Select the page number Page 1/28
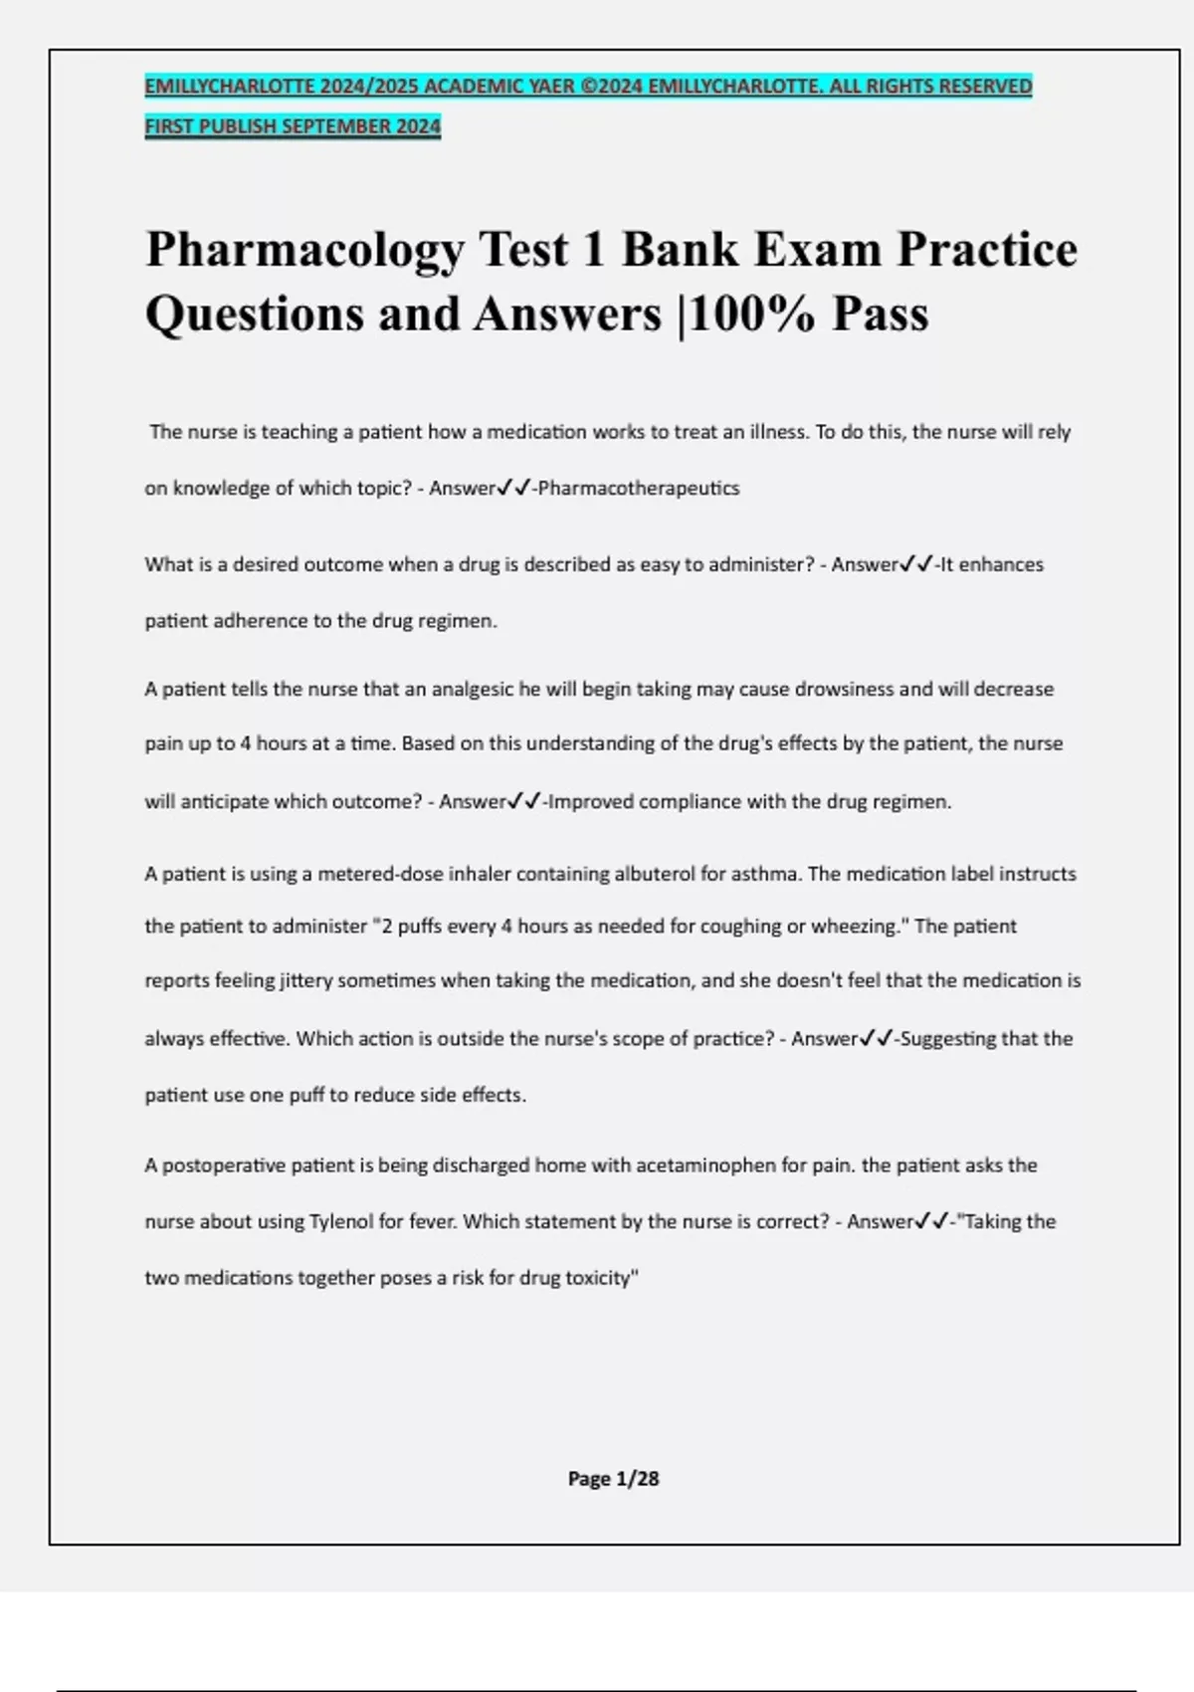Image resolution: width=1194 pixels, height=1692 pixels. tap(613, 1479)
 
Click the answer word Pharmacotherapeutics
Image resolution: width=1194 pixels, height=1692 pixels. tap(639, 489)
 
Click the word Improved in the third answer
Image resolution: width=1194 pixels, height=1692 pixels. tap(591, 802)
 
